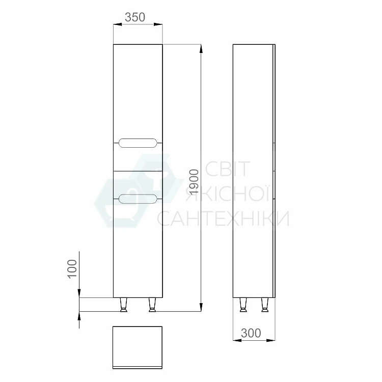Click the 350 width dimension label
click(x=135, y=17)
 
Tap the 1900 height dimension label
click(x=194, y=182)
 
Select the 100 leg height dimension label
click(x=72, y=269)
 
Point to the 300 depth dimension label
click(x=251, y=333)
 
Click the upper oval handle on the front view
click(x=138, y=143)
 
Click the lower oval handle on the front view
click(x=138, y=199)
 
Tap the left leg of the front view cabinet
click(x=124, y=305)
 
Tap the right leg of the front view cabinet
click(x=152, y=305)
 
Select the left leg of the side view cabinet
click(x=243, y=305)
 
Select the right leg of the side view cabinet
click(x=265, y=305)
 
